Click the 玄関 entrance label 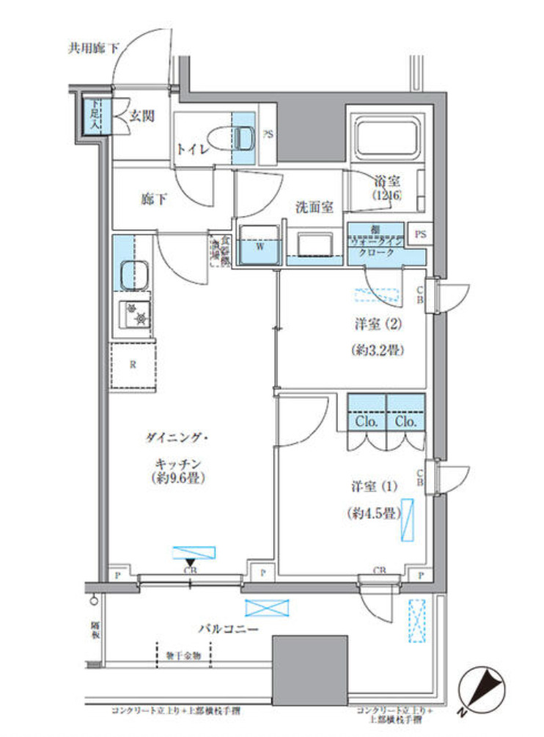pos(142,115)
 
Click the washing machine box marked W pos(260,245)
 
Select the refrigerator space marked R pos(133,363)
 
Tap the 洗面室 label pos(315,208)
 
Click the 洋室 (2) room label pos(377,323)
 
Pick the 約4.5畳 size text pos(372,514)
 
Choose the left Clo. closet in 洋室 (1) pos(366,421)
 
